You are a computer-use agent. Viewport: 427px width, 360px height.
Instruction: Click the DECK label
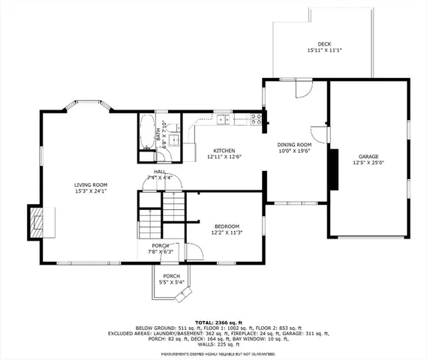point(323,44)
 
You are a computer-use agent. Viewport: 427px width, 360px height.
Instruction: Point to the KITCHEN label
point(224,150)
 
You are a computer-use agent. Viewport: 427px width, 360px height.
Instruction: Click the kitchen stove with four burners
point(256,118)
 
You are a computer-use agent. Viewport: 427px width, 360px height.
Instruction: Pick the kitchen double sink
point(224,118)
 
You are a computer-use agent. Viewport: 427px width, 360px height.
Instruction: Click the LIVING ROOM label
point(90,184)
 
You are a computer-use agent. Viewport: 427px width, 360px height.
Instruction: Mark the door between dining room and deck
point(303,88)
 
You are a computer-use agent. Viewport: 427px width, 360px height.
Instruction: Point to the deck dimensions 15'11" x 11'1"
point(323,50)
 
